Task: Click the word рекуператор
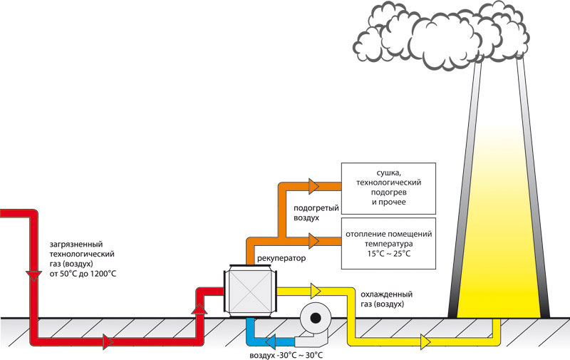click(x=281, y=259)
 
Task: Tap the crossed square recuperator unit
click(x=250, y=291)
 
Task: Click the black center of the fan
click(x=316, y=318)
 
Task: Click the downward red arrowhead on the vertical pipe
click(x=33, y=276)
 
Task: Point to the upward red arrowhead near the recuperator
click(x=199, y=309)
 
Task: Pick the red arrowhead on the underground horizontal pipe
click(x=108, y=341)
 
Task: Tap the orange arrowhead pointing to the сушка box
click(x=313, y=186)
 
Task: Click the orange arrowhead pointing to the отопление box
click(x=313, y=241)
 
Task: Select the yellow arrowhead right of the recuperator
click(x=316, y=291)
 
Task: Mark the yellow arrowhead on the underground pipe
click(x=425, y=341)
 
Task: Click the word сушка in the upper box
click(x=388, y=173)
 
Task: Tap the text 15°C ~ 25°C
click(x=388, y=254)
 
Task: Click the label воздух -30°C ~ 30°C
click(x=286, y=355)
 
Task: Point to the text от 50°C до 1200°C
click(x=83, y=274)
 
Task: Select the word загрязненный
click(x=76, y=245)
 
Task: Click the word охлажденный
click(x=386, y=294)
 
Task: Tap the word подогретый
click(x=316, y=208)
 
